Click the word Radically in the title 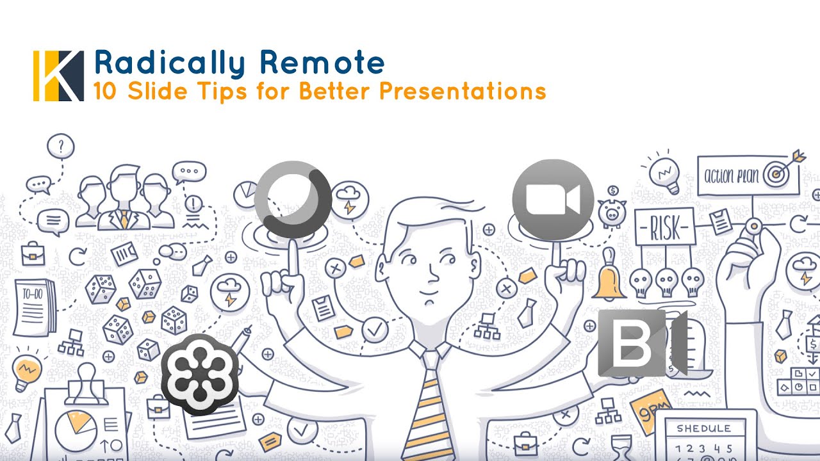click(x=169, y=63)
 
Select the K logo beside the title click(x=58, y=76)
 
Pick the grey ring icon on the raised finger click(x=292, y=199)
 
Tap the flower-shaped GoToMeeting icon click(x=199, y=375)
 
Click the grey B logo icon click(x=641, y=343)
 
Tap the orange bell click(x=609, y=282)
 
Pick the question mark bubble click(x=61, y=147)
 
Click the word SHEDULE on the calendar click(x=703, y=428)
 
